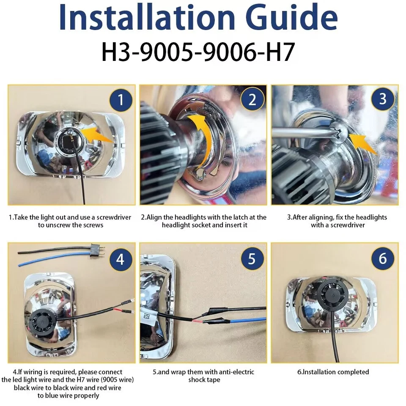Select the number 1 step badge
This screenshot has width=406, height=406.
(121, 101)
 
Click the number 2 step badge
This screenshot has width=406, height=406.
(252, 101)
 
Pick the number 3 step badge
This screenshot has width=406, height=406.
(383, 99)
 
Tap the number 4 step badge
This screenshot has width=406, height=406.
(121, 258)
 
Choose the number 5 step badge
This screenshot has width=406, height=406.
(252, 258)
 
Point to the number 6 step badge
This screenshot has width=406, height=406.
(383, 258)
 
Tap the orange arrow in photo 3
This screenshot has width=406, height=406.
(365, 144)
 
